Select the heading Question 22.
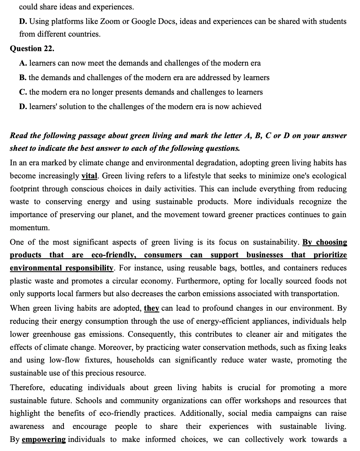pos(32,49)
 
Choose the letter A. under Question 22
pos(23,63)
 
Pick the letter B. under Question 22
pos(23,78)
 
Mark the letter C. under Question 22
pos(23,92)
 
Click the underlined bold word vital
pos(89,176)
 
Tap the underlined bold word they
pos(152,309)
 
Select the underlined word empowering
pos(44,440)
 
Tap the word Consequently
pos(150,334)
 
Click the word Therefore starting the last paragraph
pos(28,388)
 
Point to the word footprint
pos(26,189)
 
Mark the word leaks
pos(337,347)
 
